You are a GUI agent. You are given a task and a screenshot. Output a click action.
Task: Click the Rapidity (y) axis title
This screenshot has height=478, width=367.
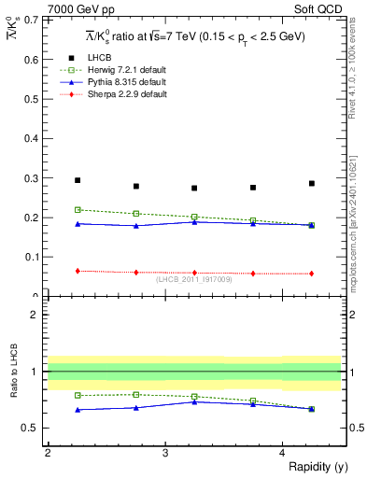(312, 466)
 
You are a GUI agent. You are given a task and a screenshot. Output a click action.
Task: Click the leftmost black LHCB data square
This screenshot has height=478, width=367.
(78, 180)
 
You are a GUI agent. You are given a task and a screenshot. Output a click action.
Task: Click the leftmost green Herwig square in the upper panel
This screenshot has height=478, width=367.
(78, 210)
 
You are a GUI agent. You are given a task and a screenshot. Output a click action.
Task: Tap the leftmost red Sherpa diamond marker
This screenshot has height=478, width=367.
(78, 271)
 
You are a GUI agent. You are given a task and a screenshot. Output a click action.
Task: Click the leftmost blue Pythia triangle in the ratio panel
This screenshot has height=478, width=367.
(78, 410)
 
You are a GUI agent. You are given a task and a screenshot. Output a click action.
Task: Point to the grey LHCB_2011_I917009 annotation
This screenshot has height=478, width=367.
(194, 279)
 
